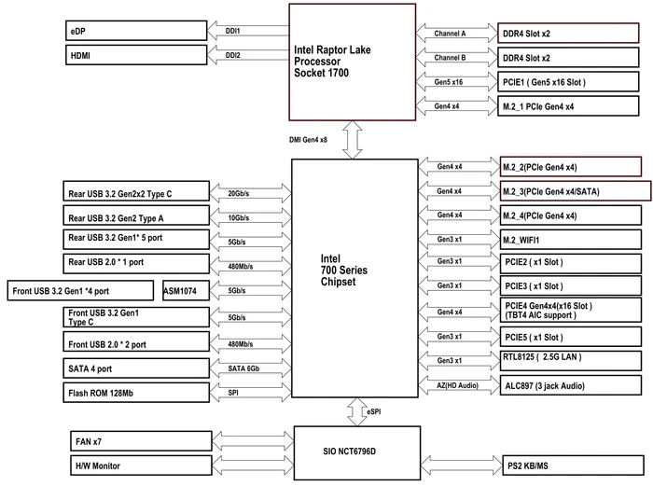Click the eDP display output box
click(x=136, y=31)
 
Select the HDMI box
click(x=136, y=55)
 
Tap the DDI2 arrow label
click(x=233, y=55)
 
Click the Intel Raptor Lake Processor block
click(x=353, y=62)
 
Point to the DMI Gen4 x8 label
click(x=308, y=140)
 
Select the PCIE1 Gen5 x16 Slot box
click(x=568, y=82)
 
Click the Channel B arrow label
click(x=450, y=58)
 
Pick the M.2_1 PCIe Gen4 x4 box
click(x=568, y=106)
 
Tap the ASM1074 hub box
click(x=186, y=291)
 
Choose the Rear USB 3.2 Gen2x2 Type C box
click(x=136, y=191)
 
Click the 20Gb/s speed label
click(x=239, y=193)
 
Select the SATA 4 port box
click(x=136, y=368)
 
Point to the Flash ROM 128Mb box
click(x=136, y=393)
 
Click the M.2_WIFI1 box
click(x=571, y=240)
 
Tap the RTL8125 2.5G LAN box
click(x=571, y=361)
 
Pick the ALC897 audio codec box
click(x=571, y=385)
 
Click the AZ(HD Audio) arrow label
click(x=457, y=385)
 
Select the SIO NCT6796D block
click(x=357, y=452)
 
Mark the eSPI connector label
click(x=373, y=411)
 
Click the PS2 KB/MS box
click(x=573, y=465)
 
